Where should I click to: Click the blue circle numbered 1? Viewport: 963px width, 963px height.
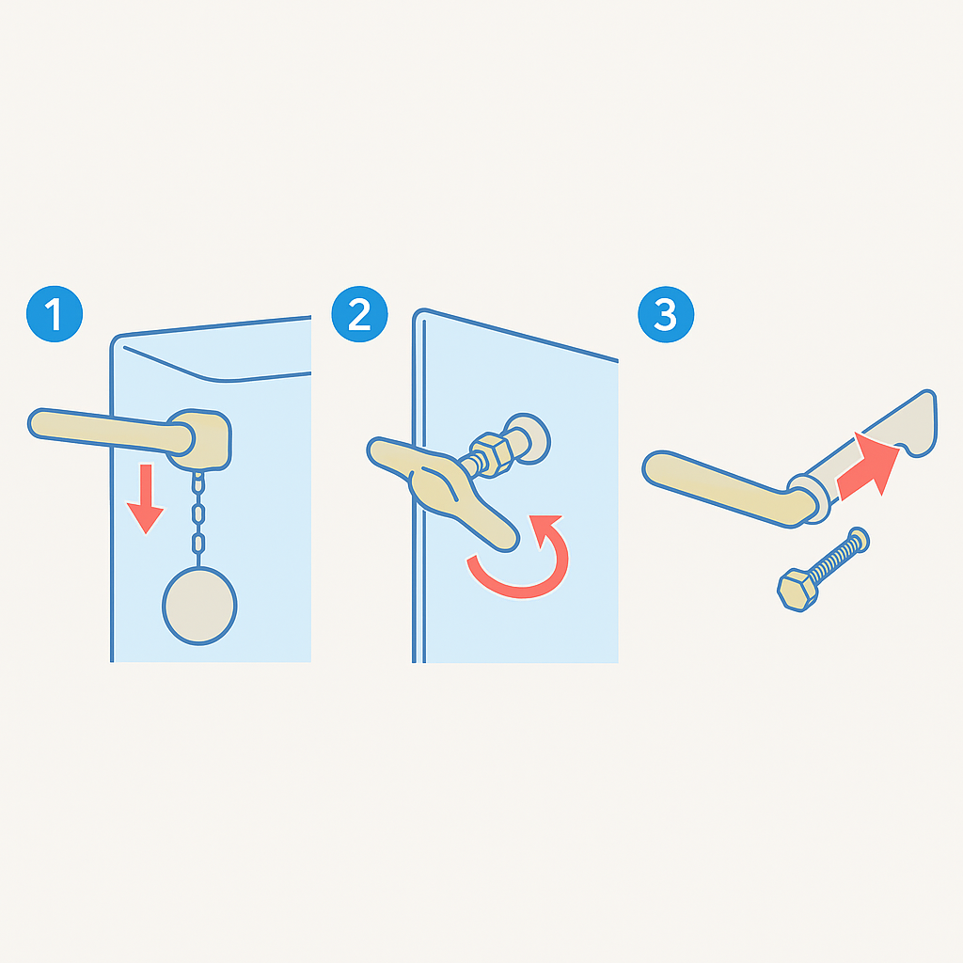pos(55,314)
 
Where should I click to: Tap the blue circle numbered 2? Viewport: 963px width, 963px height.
pos(359,314)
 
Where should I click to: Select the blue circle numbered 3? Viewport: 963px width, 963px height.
pos(666,314)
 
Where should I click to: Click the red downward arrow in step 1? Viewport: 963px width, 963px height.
pos(146,497)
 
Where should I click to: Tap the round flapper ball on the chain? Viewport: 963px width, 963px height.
pos(199,607)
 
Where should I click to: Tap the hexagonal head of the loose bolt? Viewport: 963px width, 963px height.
pos(797,591)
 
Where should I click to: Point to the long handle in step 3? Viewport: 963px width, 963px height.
pos(731,489)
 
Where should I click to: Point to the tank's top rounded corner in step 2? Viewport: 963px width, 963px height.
pos(418,312)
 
